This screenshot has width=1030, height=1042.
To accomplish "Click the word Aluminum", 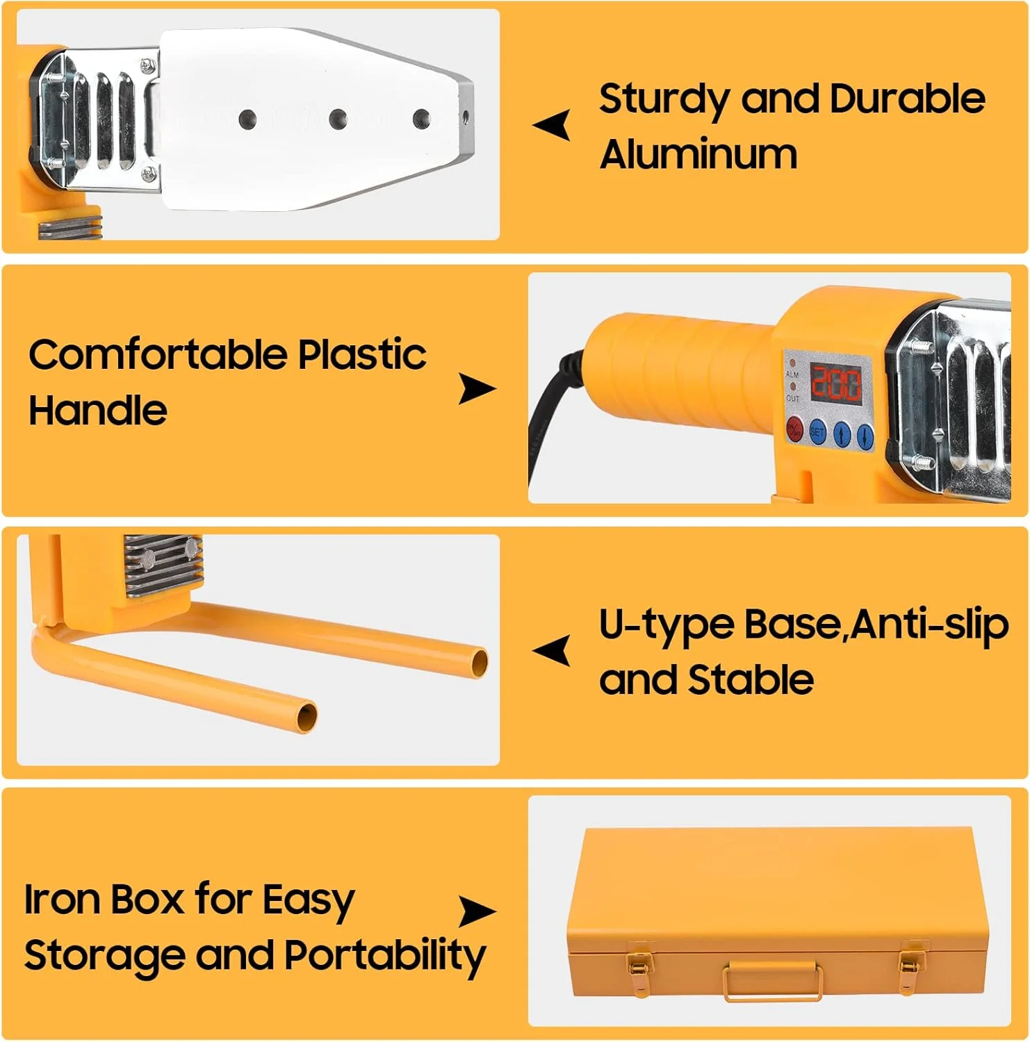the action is click(x=698, y=154).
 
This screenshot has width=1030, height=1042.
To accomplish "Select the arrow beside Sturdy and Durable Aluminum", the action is click(x=552, y=125).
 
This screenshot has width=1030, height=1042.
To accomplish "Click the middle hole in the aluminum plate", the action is click(x=338, y=119).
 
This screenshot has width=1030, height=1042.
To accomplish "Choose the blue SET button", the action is click(x=817, y=432).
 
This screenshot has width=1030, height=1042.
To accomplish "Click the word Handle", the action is click(x=98, y=410).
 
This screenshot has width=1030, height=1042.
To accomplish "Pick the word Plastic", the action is click(x=362, y=354).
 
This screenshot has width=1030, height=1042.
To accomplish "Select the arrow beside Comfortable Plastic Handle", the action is click(x=477, y=389).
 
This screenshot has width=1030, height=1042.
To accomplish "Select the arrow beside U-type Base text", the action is click(x=552, y=651).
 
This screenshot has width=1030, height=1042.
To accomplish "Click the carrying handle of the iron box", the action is click(x=772, y=980).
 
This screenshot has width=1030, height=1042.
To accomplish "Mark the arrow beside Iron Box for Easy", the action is click(x=477, y=911).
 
